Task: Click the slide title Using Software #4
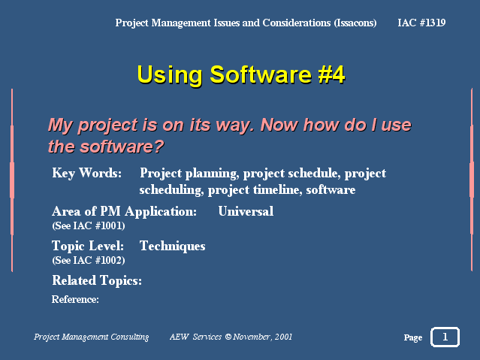[x=241, y=74]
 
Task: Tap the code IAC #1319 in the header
[x=421, y=23]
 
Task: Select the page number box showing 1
[x=445, y=337]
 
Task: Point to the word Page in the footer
[x=413, y=337]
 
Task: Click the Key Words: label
[x=86, y=173]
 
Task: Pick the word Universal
[x=246, y=211]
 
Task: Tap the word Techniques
[x=172, y=246]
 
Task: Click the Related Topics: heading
[x=97, y=280]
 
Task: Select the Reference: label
[x=75, y=299]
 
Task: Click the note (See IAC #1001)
[x=89, y=225]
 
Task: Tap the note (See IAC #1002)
[x=89, y=261]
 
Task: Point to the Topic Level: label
[x=88, y=246]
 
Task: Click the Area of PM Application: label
[x=124, y=211]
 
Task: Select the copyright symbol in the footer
[x=228, y=337]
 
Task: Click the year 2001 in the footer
[x=283, y=337]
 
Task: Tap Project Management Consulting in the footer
[x=91, y=337]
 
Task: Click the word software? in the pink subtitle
[x=122, y=147]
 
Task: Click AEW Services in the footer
[x=195, y=337]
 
